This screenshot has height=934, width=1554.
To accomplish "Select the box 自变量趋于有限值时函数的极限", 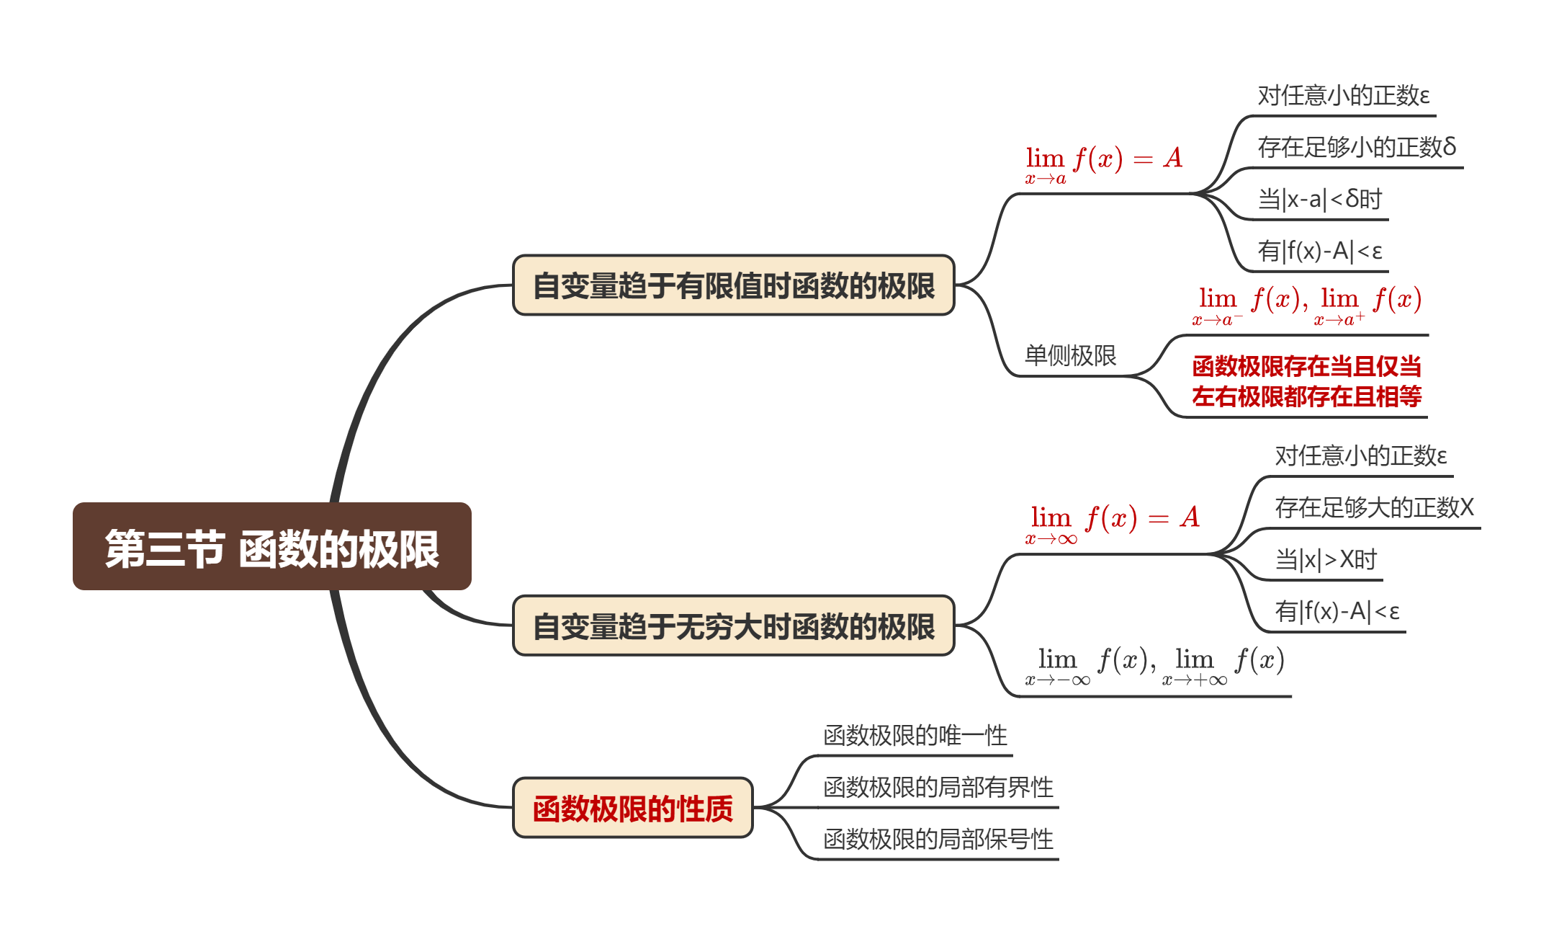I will click(x=733, y=285).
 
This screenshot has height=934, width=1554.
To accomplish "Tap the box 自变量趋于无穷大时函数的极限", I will click(x=733, y=626).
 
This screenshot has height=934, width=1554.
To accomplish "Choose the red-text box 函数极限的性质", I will click(x=632, y=808).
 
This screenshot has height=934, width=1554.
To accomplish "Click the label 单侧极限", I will click(x=1070, y=355).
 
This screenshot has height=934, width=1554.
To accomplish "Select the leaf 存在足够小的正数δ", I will click(x=1357, y=147).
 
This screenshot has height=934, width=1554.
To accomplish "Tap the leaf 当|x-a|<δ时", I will click(x=1319, y=199).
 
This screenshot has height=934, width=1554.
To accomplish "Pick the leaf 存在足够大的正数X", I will click(x=1374, y=507).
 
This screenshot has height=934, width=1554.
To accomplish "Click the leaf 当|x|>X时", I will click(x=1325, y=559).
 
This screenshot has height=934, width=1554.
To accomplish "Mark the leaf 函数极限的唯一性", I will click(x=915, y=735).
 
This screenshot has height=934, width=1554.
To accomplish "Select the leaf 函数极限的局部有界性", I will click(x=938, y=787).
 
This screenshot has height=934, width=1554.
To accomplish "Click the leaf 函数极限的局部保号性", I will click(x=938, y=839).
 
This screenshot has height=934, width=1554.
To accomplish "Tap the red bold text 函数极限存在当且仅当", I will click(x=1306, y=366).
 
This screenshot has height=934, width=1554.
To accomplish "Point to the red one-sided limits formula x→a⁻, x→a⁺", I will click(x=1306, y=305).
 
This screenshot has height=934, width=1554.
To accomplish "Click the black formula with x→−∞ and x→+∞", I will click(x=1154, y=666).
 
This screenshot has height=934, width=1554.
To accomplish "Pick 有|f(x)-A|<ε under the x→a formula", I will click(x=1319, y=251).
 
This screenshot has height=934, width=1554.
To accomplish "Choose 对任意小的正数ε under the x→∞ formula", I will click(x=1360, y=455).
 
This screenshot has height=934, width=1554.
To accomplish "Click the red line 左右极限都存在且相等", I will click(x=1306, y=396).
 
